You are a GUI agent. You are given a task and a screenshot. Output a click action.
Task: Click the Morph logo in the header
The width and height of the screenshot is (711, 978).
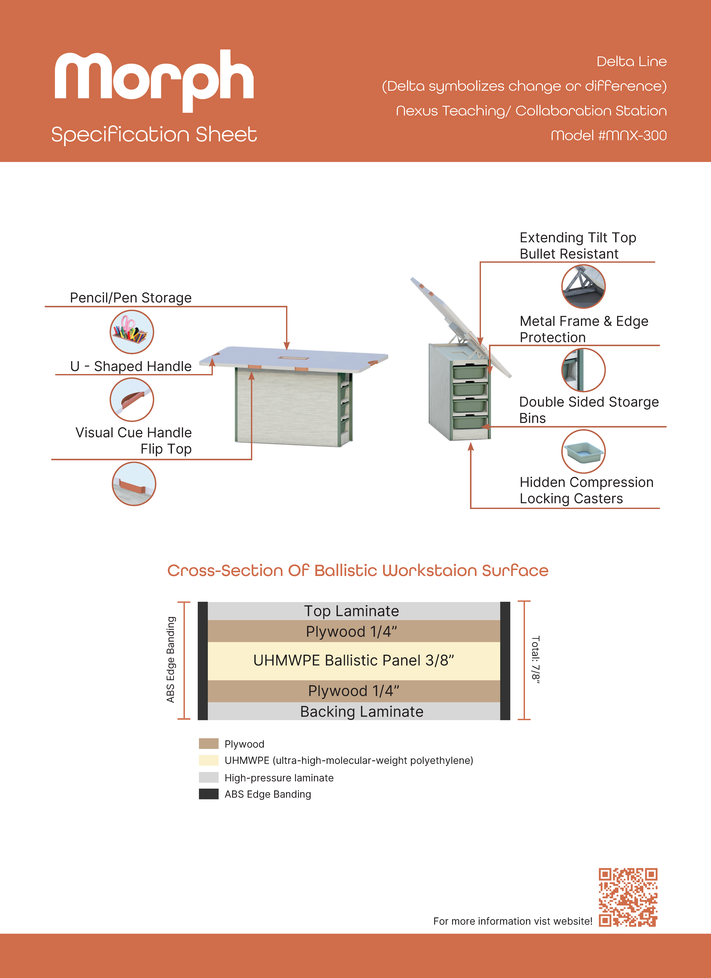154,81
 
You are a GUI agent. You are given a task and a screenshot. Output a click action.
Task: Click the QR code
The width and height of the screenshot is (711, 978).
628,897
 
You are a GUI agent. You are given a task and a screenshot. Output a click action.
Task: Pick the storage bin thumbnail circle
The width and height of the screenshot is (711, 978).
583,451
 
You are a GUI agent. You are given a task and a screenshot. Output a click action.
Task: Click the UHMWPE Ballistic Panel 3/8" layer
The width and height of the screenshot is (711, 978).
354,661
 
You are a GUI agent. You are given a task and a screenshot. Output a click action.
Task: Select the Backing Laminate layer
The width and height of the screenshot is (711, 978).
354,711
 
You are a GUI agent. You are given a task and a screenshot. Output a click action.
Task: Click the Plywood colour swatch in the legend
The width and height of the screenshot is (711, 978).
209,743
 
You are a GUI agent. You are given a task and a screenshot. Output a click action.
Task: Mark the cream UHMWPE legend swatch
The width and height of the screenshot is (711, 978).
209,760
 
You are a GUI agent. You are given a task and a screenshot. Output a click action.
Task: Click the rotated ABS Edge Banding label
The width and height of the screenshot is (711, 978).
171,660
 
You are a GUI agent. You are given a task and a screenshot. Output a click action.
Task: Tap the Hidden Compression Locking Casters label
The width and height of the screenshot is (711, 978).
586,490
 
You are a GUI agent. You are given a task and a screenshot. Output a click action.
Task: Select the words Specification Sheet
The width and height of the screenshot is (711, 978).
154,135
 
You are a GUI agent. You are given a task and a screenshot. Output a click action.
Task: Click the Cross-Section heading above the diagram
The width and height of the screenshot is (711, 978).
358,570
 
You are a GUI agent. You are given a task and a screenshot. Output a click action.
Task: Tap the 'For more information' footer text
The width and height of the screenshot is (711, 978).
513,921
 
